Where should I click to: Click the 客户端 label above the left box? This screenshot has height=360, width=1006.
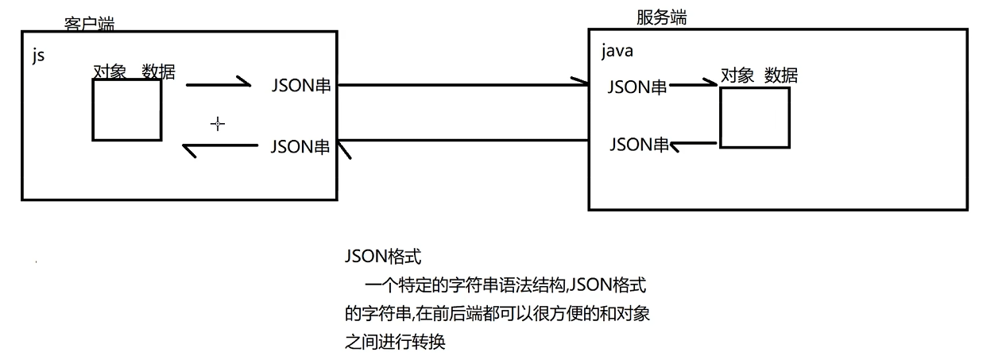pyautogui.click(x=89, y=24)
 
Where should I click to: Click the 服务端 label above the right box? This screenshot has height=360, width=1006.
pyautogui.click(x=661, y=17)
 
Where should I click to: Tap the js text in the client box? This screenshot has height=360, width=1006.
pyautogui.click(x=38, y=57)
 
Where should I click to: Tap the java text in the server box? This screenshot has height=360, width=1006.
pyautogui.click(x=617, y=52)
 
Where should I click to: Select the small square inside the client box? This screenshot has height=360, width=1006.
pyautogui.click(x=127, y=110)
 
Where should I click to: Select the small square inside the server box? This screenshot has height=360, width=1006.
pyautogui.click(x=755, y=118)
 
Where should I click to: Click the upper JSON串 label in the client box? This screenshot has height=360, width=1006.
pyautogui.click(x=300, y=85)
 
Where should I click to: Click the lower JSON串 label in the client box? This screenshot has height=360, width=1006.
pyautogui.click(x=300, y=146)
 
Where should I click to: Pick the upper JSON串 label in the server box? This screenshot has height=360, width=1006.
pyautogui.click(x=637, y=87)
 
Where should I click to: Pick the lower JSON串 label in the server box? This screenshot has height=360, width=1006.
pyautogui.click(x=639, y=145)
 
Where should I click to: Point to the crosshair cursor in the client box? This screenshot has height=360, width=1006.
pyautogui.click(x=217, y=123)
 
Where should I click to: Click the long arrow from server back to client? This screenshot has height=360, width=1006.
pyautogui.click(x=461, y=141)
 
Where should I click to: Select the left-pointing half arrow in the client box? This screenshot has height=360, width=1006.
pyautogui.click(x=220, y=147)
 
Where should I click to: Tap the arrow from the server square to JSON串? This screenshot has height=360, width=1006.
pyautogui.click(x=695, y=145)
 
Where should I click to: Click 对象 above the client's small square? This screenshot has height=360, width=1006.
pyautogui.click(x=110, y=72)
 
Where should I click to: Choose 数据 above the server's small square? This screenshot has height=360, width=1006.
pyautogui.click(x=781, y=75)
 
